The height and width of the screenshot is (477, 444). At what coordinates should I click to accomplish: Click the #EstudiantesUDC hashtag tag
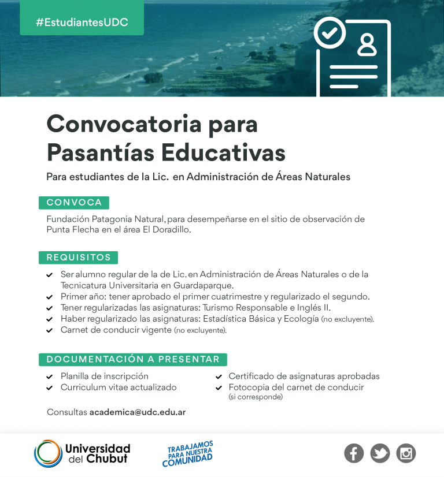[x=82, y=23]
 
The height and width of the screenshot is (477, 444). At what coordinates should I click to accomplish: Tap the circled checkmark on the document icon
[x=330, y=33]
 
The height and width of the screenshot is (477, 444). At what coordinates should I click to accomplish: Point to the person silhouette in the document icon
[x=367, y=44]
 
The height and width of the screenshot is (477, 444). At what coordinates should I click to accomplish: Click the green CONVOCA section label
[x=74, y=203]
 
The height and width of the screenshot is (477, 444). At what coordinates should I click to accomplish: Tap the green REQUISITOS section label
[x=79, y=258]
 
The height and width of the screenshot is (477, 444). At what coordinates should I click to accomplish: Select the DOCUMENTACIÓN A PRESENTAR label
[x=133, y=359]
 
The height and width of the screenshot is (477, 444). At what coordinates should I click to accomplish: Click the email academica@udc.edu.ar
[x=138, y=412]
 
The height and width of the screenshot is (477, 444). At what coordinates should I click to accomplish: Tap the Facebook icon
[x=354, y=453]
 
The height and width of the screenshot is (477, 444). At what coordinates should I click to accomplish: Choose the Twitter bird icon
[x=380, y=453]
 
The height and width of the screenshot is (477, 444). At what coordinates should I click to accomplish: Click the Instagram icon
[x=406, y=453]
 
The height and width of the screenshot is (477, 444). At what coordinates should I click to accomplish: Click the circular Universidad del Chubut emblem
[x=47, y=453]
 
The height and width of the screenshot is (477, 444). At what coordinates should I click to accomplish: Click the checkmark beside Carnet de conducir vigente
[x=50, y=331]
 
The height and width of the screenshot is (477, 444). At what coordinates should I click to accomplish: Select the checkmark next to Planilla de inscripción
[x=50, y=377]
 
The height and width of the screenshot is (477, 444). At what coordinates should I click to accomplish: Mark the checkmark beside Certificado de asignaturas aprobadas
[x=219, y=377]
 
